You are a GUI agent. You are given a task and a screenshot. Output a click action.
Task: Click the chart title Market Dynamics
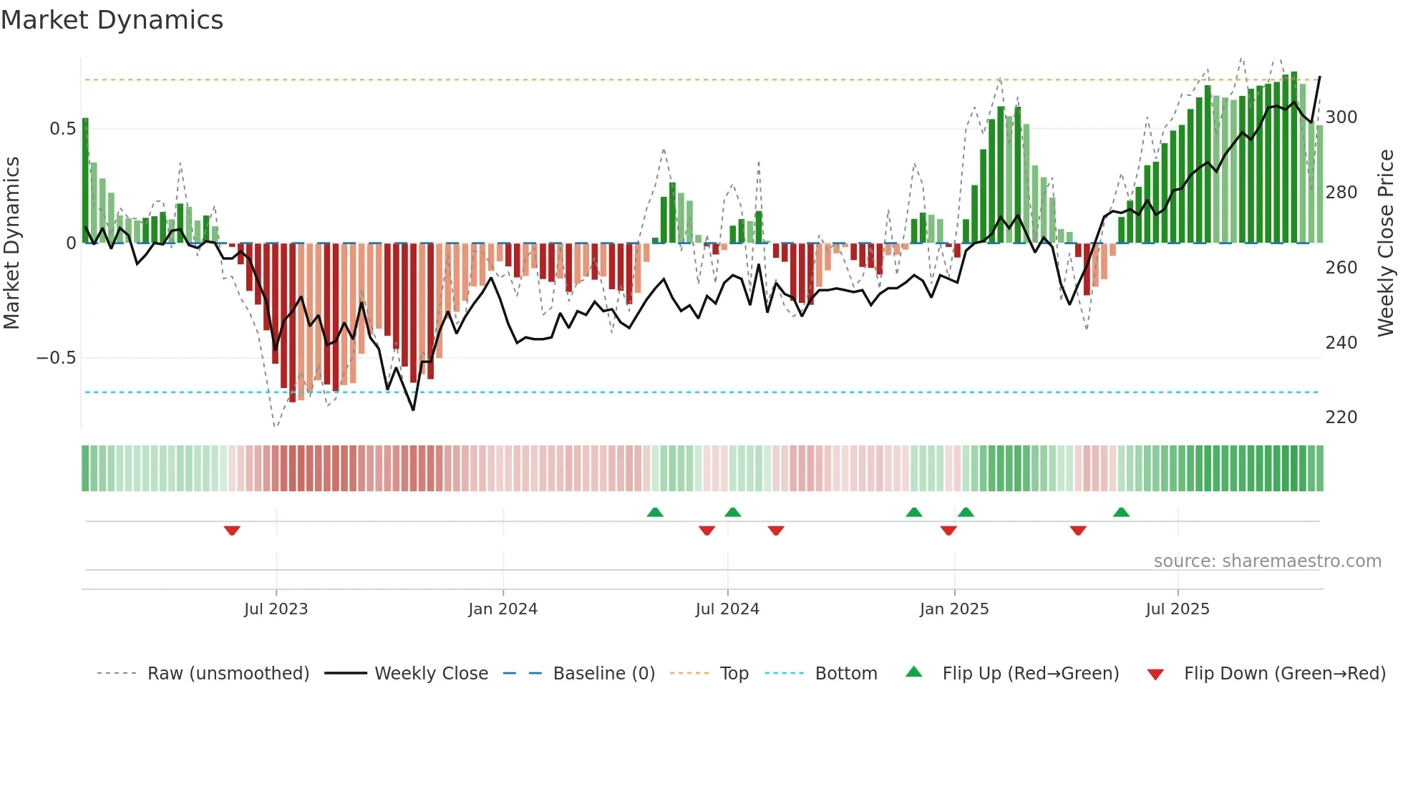[x=112, y=20]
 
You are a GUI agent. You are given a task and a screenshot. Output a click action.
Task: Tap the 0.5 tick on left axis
[x=62, y=129]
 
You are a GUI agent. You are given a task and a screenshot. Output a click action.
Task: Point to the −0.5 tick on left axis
[x=56, y=358]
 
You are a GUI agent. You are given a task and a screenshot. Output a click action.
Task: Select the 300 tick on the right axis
[x=1341, y=117]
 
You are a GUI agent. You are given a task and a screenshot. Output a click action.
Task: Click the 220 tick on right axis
[x=1341, y=417]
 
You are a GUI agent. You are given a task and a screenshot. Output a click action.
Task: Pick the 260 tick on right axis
[x=1341, y=268]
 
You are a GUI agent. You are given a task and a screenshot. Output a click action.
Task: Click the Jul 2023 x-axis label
[x=276, y=609]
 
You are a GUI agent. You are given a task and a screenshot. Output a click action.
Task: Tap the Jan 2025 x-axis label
[x=953, y=609]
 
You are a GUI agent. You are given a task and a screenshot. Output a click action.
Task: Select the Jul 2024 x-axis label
[x=727, y=609]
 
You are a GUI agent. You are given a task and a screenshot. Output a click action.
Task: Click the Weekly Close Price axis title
[x=1386, y=243]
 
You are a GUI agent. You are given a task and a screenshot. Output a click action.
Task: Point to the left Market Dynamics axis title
[x=11, y=243]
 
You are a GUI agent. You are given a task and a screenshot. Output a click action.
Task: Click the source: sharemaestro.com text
[x=1267, y=561]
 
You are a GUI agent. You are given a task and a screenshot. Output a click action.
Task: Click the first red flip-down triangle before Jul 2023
[x=232, y=531]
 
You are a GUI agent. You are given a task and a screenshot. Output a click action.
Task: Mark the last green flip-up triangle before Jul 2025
[x=1121, y=512]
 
